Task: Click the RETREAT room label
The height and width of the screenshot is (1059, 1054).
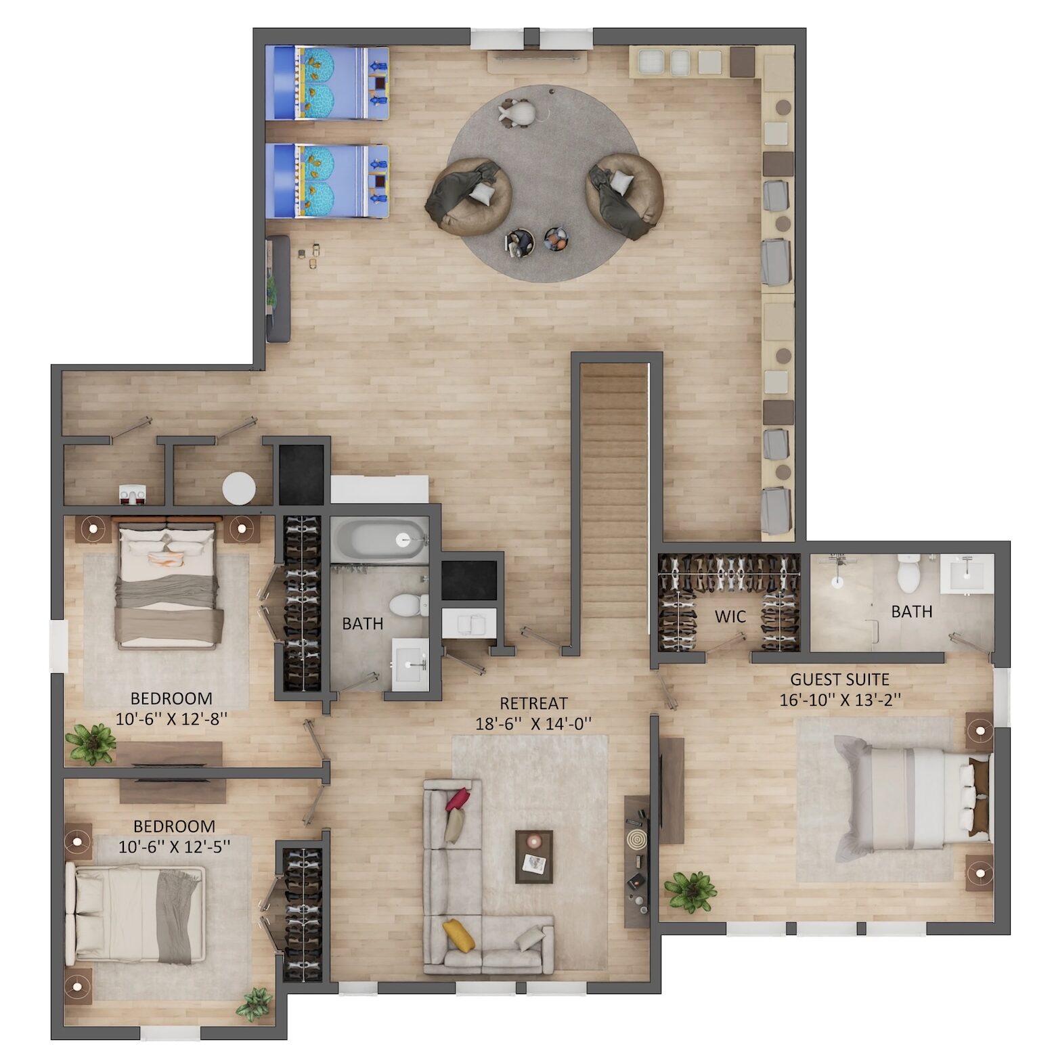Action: (x=533, y=704)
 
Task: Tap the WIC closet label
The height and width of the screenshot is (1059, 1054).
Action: (x=730, y=616)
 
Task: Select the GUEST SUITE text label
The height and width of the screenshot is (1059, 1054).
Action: (x=840, y=679)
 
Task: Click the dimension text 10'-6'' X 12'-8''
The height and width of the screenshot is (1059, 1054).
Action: (x=171, y=719)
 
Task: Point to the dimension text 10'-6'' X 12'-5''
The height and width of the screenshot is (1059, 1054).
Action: (x=174, y=847)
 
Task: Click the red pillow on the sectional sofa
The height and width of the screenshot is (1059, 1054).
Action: (x=456, y=798)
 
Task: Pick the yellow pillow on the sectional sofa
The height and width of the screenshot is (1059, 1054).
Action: (x=458, y=934)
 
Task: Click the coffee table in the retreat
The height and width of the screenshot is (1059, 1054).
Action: (x=533, y=857)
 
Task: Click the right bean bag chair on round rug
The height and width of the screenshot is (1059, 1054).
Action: (x=623, y=195)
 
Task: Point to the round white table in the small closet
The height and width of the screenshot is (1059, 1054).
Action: (x=240, y=488)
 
